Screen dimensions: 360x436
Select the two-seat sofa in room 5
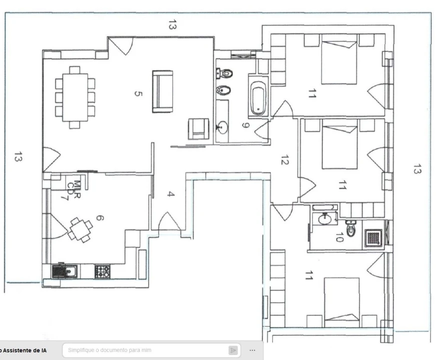click(163, 91)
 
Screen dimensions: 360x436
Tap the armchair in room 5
click(196, 129)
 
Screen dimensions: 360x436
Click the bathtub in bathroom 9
click(258, 97)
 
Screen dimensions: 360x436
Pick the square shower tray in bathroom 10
click(373, 238)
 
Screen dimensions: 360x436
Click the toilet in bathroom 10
click(350, 229)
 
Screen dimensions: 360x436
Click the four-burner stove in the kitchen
click(103, 271)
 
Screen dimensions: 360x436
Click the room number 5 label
click(138, 93)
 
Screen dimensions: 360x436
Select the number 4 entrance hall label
click(171, 194)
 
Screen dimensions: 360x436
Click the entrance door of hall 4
click(169, 223)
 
